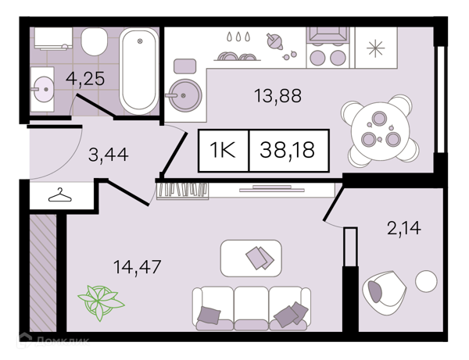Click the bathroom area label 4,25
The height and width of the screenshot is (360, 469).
pos(85,79)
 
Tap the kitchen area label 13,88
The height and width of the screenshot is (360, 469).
pos(277,96)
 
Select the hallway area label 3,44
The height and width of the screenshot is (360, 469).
pos(109,155)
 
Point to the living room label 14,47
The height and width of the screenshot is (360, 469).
pos(138,266)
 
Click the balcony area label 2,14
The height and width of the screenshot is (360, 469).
pos(404,228)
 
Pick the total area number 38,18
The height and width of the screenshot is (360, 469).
pos(287,150)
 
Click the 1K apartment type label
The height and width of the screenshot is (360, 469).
pos(223,150)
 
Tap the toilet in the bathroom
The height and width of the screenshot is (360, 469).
pos(95,41)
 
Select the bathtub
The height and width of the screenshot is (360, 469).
pos(139,71)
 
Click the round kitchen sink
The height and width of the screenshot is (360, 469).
pos(184,95)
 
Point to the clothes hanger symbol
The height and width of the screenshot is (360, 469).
pos(60,195)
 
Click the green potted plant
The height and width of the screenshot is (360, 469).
pos(101,302)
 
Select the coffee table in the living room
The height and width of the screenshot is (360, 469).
pos(251,258)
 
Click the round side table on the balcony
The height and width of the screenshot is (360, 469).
pos(426,281)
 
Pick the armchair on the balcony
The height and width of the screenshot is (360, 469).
pos(384,293)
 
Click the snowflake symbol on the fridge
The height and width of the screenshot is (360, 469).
pos(376,48)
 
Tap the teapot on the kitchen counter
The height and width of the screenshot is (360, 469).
pos(274,41)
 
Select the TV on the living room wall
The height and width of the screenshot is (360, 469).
pos(272,189)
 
